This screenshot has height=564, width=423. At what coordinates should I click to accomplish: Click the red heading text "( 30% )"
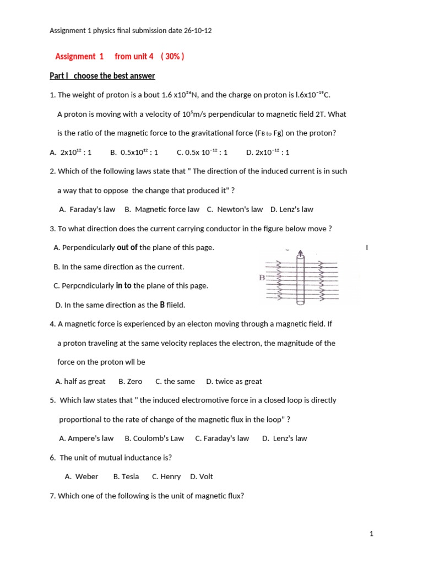(172, 57)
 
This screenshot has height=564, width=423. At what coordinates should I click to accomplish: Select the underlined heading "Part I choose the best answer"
(102, 76)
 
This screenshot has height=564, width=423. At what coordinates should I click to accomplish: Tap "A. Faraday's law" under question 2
(87, 209)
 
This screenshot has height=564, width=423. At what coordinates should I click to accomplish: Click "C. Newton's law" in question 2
(235, 209)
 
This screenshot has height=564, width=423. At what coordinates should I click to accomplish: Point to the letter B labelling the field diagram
(262, 278)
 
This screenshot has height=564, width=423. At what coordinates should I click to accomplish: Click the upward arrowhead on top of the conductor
(300, 253)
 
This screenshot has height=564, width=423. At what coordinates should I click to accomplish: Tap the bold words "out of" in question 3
(127, 248)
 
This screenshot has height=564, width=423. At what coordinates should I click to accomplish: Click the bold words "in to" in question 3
(123, 286)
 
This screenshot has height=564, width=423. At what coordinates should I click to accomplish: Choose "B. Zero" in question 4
(130, 381)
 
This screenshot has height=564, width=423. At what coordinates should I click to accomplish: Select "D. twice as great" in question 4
(234, 381)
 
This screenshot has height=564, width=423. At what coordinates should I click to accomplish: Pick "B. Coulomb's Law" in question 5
(154, 438)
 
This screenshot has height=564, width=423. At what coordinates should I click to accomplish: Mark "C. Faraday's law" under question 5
(222, 438)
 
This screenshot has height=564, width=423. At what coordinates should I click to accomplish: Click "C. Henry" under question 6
(166, 476)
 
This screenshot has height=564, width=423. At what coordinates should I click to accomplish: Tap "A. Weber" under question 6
(82, 476)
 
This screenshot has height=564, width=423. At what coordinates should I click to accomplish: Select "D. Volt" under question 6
(202, 476)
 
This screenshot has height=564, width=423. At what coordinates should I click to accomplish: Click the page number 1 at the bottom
(372, 534)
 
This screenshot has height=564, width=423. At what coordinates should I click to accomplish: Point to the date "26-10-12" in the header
(196, 31)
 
